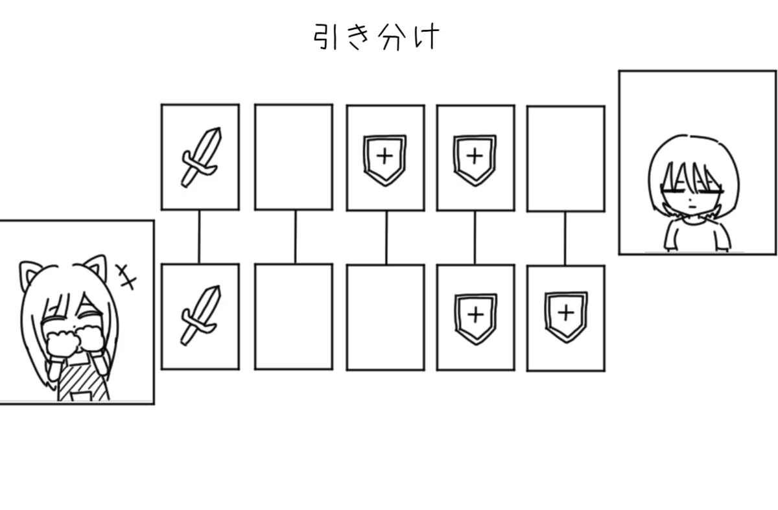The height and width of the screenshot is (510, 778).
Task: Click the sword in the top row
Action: pyautogui.click(x=202, y=157)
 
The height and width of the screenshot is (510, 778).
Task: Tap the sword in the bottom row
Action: pyautogui.click(x=201, y=316)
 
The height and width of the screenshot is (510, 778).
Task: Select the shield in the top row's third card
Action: pyautogui.click(x=385, y=160)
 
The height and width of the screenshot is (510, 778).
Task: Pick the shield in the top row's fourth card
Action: pyautogui.click(x=475, y=160)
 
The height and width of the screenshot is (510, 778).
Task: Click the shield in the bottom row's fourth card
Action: pyautogui.click(x=476, y=319)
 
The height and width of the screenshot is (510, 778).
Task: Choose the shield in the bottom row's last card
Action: pyautogui.click(x=566, y=318)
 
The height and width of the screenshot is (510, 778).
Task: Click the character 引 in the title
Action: pyautogui.click(x=325, y=37)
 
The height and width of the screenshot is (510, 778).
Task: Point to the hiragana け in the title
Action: pyautogui.click(x=427, y=36)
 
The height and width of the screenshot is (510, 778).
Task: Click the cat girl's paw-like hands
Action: pyautogui.click(x=75, y=343)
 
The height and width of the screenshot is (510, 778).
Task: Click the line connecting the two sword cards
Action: pyautogui.click(x=199, y=237)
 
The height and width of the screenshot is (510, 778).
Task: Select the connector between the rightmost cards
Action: pyautogui.click(x=565, y=238)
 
